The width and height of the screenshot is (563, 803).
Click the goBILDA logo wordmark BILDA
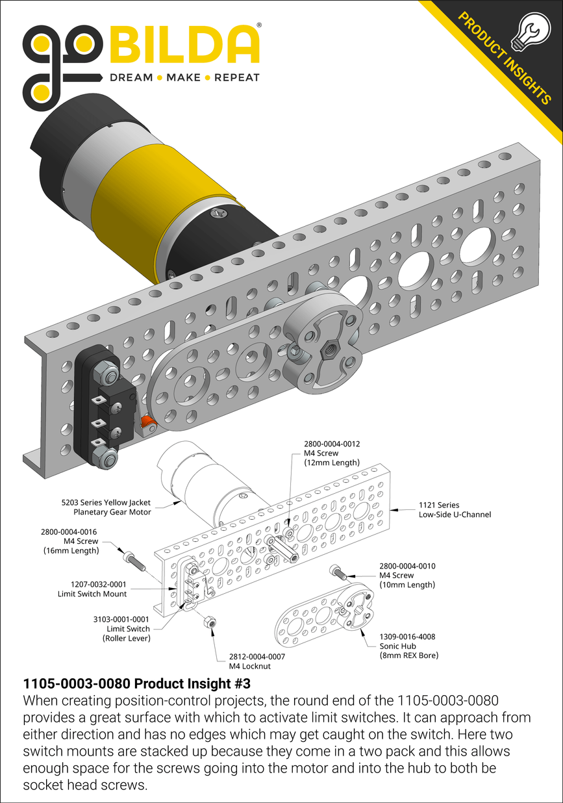click(x=184, y=45)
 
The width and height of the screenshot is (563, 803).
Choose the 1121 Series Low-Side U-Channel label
click(x=454, y=509)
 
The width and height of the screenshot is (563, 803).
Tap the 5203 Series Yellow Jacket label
click(x=106, y=507)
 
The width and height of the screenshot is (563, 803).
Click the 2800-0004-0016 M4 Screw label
click(x=69, y=541)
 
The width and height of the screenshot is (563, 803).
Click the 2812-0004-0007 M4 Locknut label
click(x=256, y=661)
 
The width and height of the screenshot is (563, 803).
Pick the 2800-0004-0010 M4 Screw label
click(x=407, y=575)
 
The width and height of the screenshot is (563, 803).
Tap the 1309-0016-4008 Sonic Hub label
click(x=407, y=646)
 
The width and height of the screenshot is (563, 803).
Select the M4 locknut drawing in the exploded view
click(x=209, y=622)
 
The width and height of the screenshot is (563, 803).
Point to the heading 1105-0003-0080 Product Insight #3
click(x=136, y=683)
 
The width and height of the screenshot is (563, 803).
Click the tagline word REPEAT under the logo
click(x=236, y=77)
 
